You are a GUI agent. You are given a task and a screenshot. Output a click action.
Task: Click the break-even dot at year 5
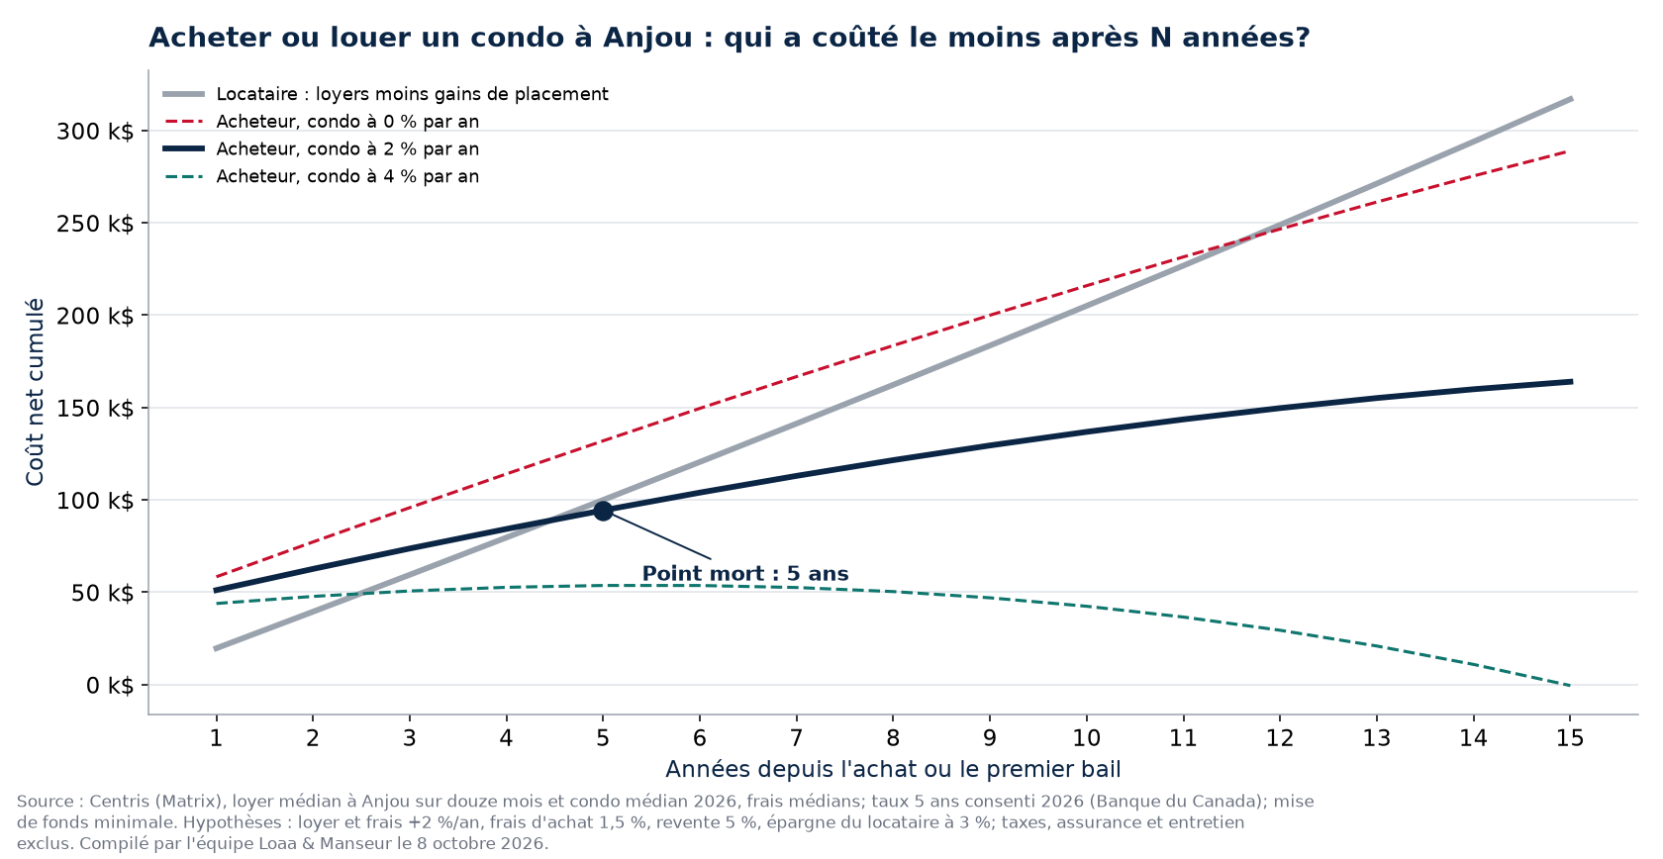tap(603, 511)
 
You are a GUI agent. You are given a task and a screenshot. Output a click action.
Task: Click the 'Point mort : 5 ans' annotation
tap(744, 574)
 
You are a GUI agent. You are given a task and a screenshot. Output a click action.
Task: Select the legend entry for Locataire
tap(385, 94)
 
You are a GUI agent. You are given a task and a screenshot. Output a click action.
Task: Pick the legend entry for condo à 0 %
tap(321, 122)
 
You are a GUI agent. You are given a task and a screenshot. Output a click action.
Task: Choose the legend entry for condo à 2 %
tap(321, 149)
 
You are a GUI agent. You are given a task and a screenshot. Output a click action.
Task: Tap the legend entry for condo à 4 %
tap(321, 177)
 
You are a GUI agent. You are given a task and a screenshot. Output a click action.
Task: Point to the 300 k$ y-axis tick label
tap(95, 132)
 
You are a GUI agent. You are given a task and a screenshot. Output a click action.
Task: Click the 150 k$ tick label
tap(95, 409)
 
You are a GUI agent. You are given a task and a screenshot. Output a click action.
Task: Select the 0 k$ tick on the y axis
tap(110, 685)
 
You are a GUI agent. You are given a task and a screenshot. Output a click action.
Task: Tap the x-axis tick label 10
tap(1086, 738)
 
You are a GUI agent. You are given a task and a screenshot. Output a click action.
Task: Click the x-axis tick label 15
tap(1570, 738)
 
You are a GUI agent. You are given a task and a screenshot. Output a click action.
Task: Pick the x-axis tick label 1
tap(216, 738)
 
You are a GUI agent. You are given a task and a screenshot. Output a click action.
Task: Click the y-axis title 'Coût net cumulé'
tap(35, 392)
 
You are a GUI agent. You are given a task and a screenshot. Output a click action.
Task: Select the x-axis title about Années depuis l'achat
tap(893, 769)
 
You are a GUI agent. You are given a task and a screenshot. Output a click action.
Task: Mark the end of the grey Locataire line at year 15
tap(1571, 99)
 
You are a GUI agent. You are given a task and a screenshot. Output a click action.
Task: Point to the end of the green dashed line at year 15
tap(1570, 685)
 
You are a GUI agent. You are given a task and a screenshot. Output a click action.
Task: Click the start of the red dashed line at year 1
tap(216, 577)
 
